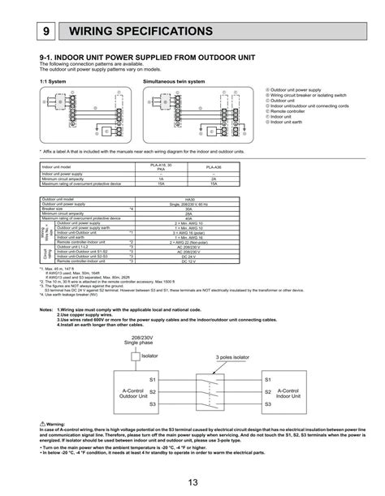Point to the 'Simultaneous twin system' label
point(174,82)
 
